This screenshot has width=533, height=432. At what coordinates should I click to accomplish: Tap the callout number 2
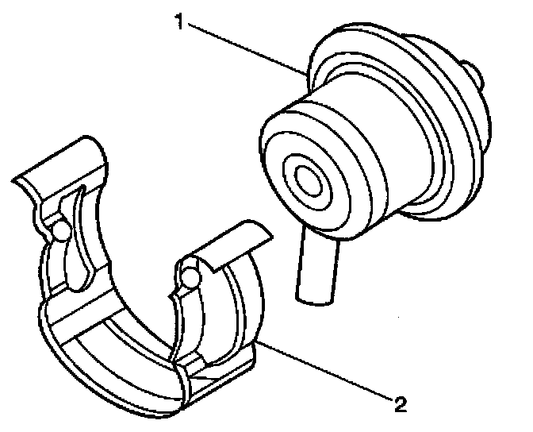[x=401, y=404]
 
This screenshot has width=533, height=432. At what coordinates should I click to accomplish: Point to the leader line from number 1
[x=246, y=49]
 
